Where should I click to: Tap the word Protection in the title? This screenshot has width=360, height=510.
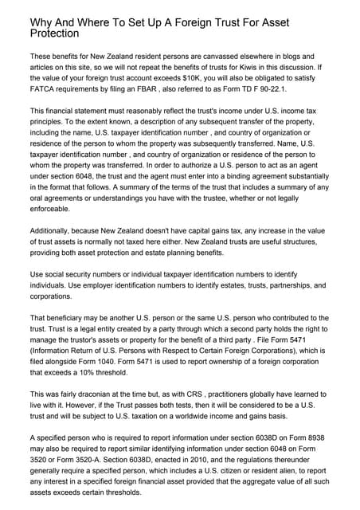(53, 35)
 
